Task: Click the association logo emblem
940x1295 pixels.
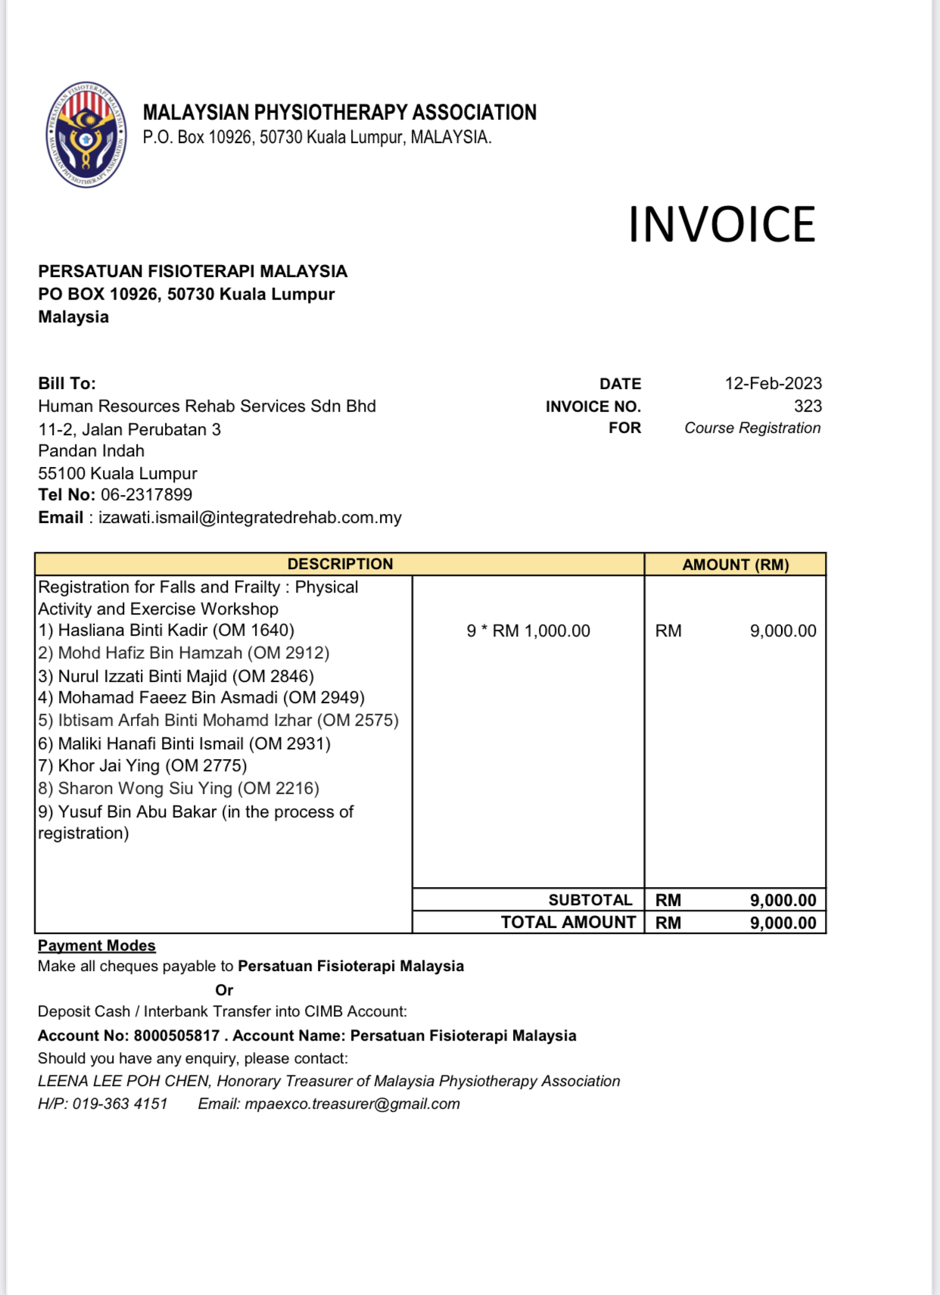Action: tap(86, 135)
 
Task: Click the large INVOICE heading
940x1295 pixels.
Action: tap(721, 225)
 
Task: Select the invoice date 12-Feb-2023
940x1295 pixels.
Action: tap(773, 384)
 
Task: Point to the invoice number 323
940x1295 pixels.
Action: tap(808, 406)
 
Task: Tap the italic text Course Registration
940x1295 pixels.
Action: tap(752, 428)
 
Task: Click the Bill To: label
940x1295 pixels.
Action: tap(67, 384)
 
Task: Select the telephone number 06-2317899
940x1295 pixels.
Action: tap(146, 495)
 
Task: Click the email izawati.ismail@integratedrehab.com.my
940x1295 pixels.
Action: tap(250, 518)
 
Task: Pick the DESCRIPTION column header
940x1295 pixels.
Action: tap(340, 564)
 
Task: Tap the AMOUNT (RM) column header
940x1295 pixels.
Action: tap(735, 565)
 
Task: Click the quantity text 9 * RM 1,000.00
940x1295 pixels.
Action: tap(528, 631)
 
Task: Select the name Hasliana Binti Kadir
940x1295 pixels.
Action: tap(133, 630)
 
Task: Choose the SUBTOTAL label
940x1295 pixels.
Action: tap(590, 900)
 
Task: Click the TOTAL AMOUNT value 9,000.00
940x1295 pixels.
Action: tap(783, 923)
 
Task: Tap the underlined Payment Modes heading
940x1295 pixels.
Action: tap(97, 945)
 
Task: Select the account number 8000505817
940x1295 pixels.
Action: tap(176, 1035)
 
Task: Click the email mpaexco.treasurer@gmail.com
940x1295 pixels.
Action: tap(352, 1104)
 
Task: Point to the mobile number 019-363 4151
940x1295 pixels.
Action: tap(120, 1104)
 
